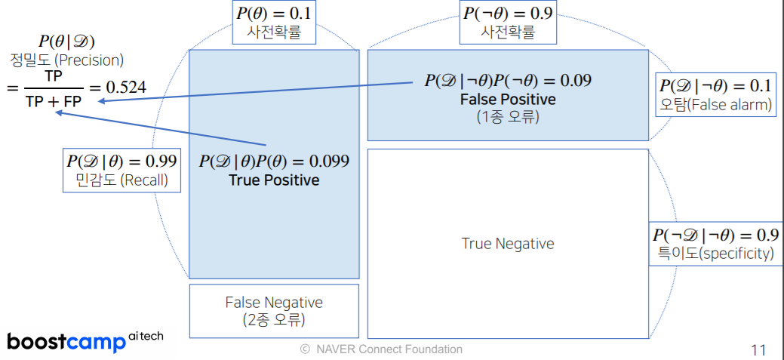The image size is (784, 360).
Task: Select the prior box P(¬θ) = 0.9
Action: point(507,23)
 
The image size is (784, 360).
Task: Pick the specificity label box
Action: point(713,244)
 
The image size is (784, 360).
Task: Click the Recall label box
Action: point(122,170)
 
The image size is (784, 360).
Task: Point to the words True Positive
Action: point(274,180)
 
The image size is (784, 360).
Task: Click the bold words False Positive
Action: point(507,100)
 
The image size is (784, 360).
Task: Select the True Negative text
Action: point(507,244)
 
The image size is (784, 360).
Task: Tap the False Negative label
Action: point(274,303)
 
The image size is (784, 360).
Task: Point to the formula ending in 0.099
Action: point(274,162)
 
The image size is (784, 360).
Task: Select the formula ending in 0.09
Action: point(507,81)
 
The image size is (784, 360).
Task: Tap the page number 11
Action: point(758,349)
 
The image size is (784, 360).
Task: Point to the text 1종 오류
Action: point(507,117)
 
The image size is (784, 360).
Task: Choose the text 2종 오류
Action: point(274,319)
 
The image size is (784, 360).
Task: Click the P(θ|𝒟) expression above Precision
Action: point(67,42)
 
